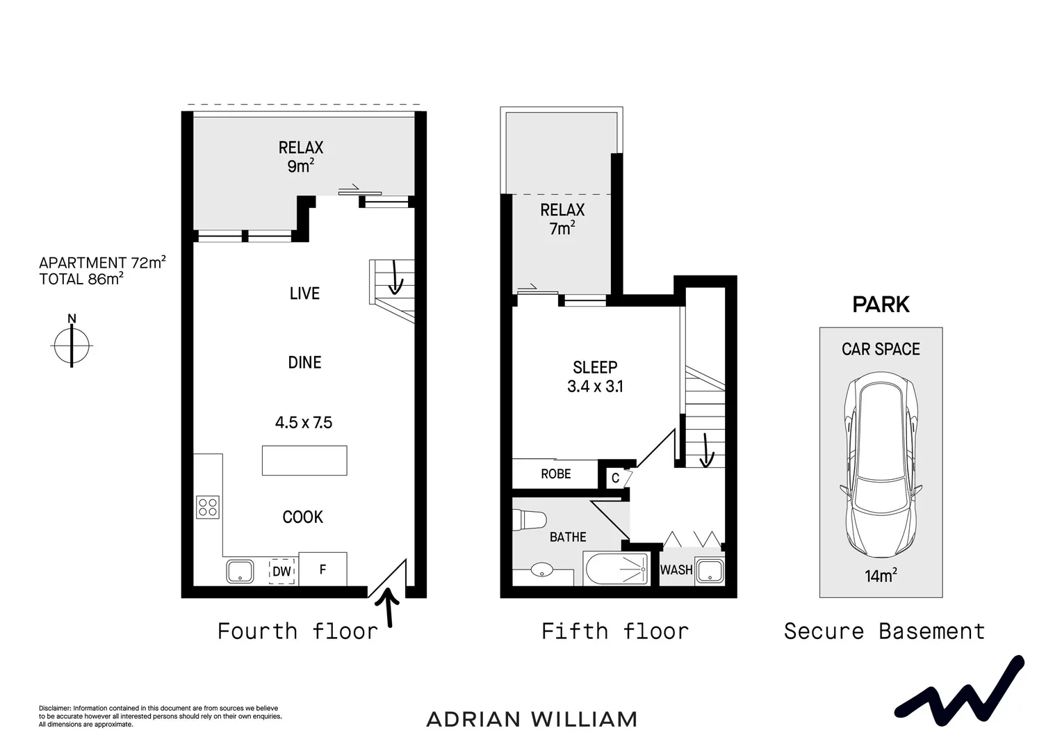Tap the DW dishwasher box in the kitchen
click(281, 571)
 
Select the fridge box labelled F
click(322, 569)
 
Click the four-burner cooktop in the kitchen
click(208, 506)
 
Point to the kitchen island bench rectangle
click(304, 460)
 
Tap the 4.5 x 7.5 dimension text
click(304, 422)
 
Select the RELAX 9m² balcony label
click(301, 156)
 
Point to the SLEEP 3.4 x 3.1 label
click(595, 377)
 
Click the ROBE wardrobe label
click(556, 474)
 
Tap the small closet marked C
click(616, 478)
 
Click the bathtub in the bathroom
click(617, 569)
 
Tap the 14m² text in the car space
click(881, 575)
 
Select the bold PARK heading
click(881, 305)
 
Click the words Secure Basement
click(884, 631)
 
